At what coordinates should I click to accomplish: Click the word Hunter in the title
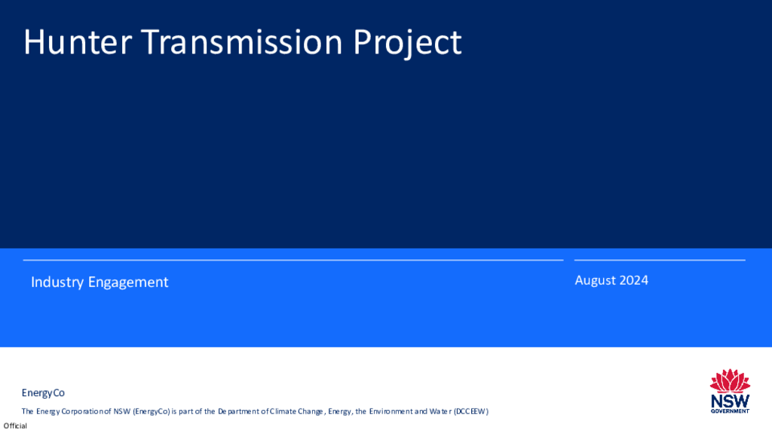click(78, 42)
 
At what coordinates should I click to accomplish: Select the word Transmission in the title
click(242, 42)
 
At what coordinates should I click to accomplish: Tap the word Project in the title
click(407, 43)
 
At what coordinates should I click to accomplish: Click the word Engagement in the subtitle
click(128, 283)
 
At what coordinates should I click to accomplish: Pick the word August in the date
click(594, 280)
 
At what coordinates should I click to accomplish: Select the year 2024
click(633, 280)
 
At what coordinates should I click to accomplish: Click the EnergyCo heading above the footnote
click(43, 393)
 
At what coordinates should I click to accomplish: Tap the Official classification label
click(15, 426)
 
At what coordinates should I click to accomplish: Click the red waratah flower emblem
click(730, 381)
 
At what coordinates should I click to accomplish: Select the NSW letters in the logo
click(730, 401)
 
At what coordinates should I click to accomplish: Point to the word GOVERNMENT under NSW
click(730, 411)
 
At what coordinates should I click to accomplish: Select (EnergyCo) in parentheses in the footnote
click(151, 411)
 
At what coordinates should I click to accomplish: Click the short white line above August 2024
click(660, 260)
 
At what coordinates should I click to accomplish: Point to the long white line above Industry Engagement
click(293, 260)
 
